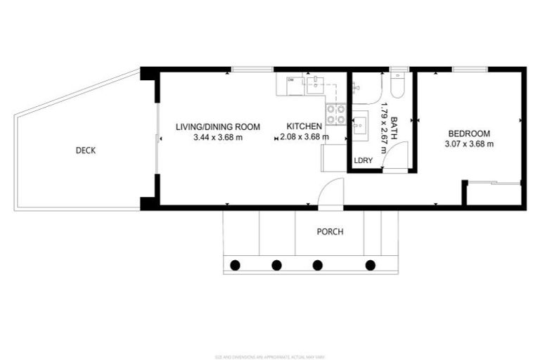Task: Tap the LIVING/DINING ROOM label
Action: point(218,127)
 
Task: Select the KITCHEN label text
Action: point(304,127)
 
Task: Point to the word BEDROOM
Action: point(469,133)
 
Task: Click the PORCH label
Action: point(330,232)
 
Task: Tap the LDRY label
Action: point(364,160)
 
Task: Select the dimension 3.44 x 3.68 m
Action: point(218,138)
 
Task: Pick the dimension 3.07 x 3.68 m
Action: point(469,144)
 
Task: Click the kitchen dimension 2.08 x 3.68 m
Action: point(303,138)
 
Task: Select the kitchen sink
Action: point(314,86)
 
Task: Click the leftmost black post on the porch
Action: point(236,265)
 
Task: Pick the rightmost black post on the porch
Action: point(371,265)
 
